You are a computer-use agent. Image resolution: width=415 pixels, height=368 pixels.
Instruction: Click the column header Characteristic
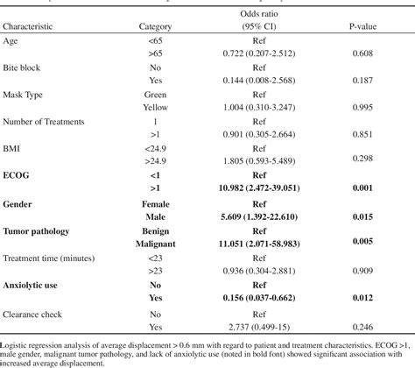coord(34,26)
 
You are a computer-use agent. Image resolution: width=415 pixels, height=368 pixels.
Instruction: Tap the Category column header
coord(156,26)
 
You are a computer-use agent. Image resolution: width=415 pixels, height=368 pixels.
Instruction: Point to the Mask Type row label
coord(25,92)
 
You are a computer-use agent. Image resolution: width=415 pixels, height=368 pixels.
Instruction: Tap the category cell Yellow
coord(156,106)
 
